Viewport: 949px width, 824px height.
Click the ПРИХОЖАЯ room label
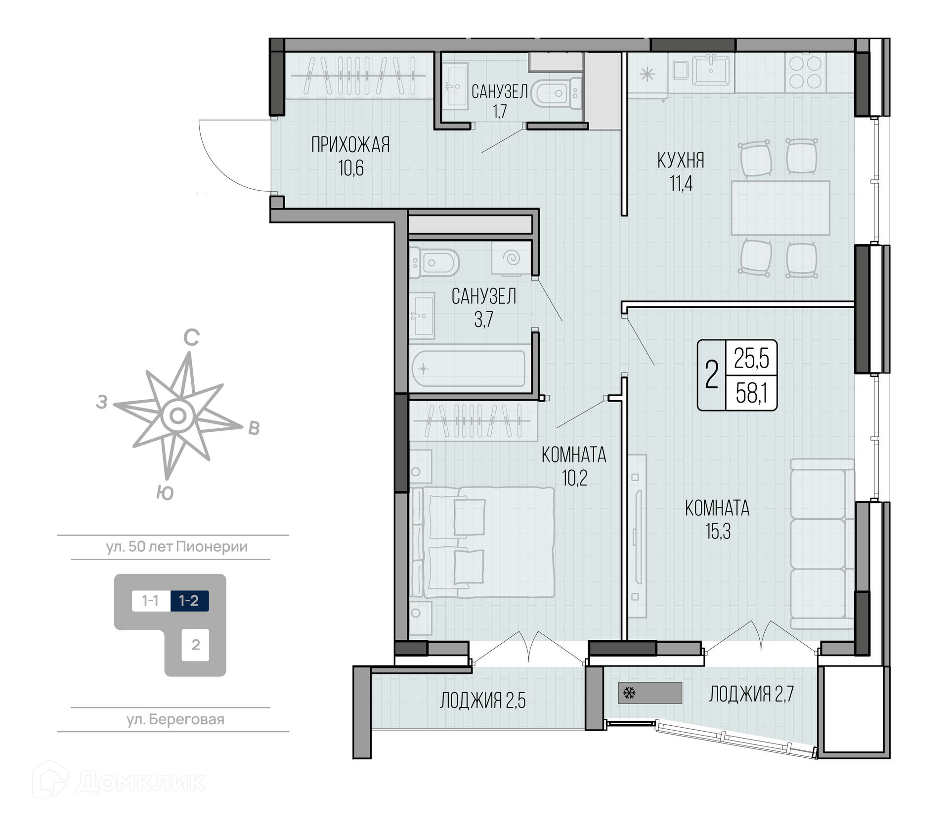[x=350, y=145]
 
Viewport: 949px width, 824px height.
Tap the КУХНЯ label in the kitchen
[x=681, y=161]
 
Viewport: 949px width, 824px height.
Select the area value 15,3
[x=718, y=532]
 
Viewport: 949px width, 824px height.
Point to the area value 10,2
[x=574, y=478]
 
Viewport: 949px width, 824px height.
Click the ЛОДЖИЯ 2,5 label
[x=483, y=700]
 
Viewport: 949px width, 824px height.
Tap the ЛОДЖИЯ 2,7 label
[x=751, y=694]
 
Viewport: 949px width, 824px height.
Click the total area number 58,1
[x=751, y=394]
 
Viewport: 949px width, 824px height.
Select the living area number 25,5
[x=751, y=359]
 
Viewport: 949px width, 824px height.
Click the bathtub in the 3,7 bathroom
[x=469, y=369]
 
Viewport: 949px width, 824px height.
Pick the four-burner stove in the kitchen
[x=805, y=73]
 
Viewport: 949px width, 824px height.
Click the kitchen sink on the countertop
[x=711, y=70]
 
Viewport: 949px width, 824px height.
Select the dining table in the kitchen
[x=780, y=208]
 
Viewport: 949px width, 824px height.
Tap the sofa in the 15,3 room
[x=822, y=544]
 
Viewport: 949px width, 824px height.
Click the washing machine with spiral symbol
[x=511, y=258]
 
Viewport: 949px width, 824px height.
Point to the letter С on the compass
[x=191, y=338]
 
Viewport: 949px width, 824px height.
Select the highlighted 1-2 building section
[x=189, y=601]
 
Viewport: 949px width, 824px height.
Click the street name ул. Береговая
[x=175, y=719]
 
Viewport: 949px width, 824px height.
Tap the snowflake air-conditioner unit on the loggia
[x=649, y=693]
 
